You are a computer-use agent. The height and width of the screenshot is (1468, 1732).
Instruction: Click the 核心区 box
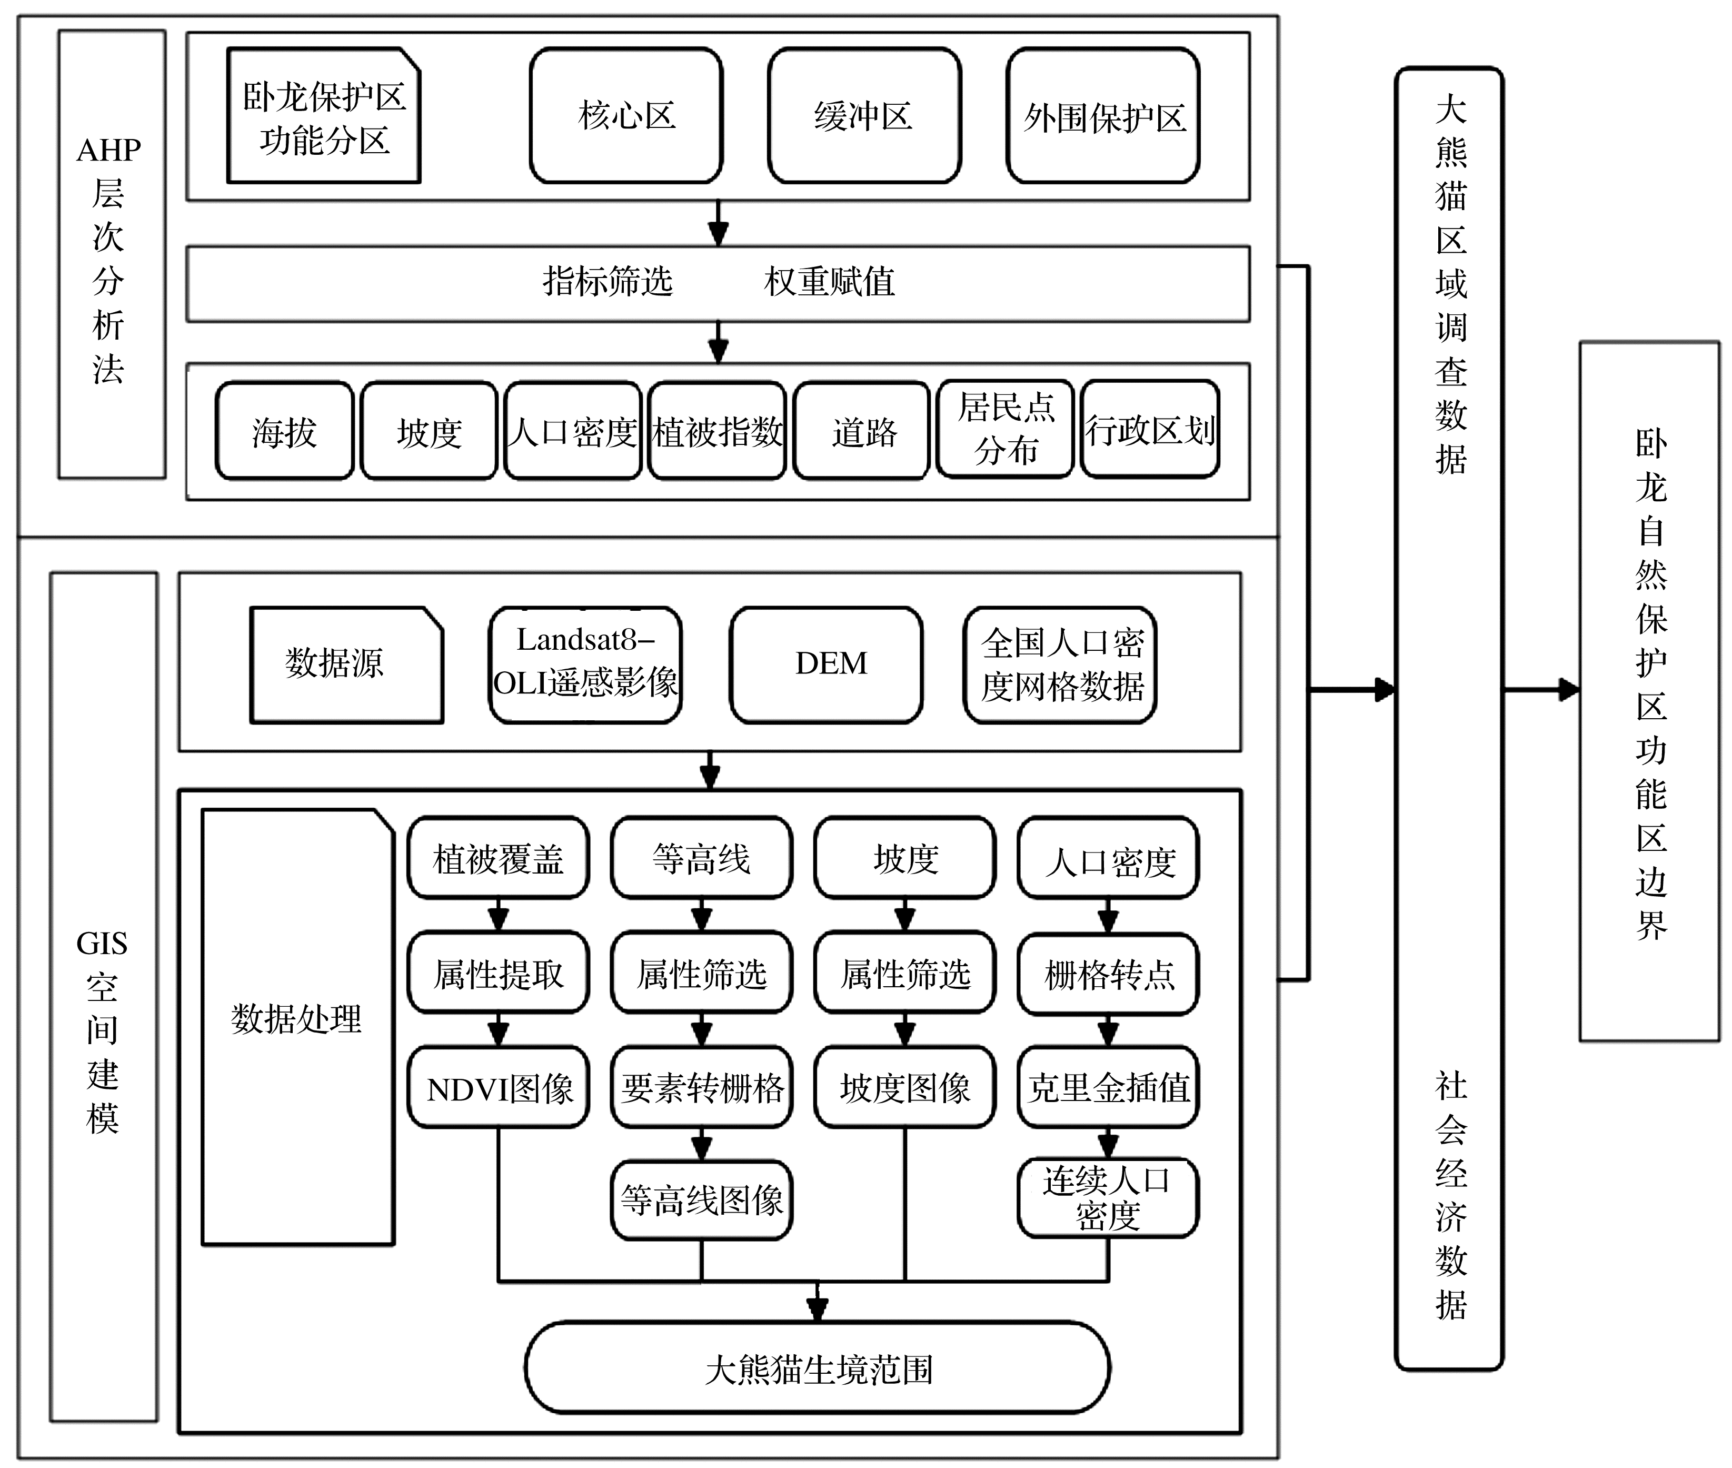[625, 116]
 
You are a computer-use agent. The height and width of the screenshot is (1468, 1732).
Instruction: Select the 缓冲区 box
[863, 116]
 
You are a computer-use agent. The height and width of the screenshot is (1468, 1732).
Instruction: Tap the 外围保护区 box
[1103, 116]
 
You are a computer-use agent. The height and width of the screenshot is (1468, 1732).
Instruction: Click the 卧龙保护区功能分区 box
[324, 116]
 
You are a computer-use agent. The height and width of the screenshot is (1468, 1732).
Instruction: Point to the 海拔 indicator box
[284, 431]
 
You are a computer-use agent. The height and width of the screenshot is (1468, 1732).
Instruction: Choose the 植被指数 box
[717, 431]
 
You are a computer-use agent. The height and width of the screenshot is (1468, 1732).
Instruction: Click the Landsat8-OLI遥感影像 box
[585, 664]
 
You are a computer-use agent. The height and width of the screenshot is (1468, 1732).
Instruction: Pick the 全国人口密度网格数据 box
[1060, 664]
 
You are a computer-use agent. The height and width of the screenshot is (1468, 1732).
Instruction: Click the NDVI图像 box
[499, 1087]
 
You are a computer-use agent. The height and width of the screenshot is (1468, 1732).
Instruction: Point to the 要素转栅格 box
[701, 1087]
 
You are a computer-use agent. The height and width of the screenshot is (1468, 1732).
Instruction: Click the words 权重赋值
[829, 282]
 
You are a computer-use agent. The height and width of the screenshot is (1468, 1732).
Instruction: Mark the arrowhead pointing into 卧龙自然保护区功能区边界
[1569, 689]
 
